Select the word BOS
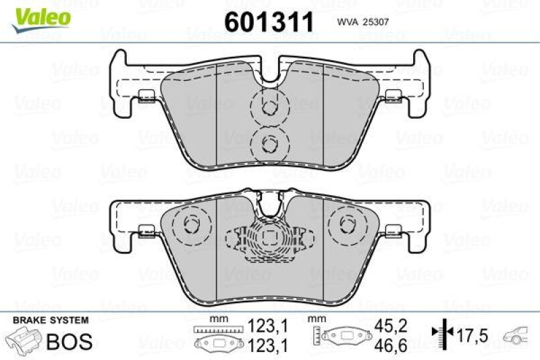[69, 341]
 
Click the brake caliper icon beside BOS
[24, 340]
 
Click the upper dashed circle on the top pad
[269, 107]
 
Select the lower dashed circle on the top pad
[269, 143]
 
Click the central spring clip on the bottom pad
[270, 237]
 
